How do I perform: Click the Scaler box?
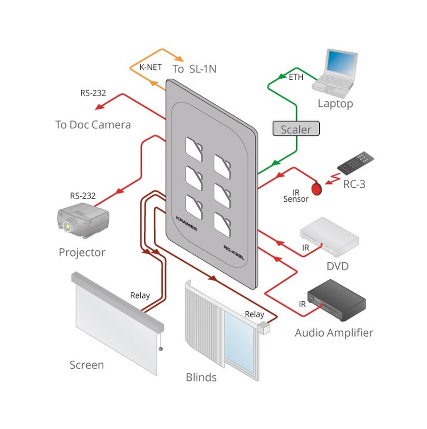click(296, 129)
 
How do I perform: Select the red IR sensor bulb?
click(317, 188)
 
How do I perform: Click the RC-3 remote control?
click(355, 163)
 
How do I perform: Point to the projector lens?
click(67, 226)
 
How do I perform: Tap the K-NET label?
click(151, 67)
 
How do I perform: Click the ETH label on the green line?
click(296, 77)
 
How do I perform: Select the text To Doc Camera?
click(93, 125)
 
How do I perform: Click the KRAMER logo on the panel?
click(186, 223)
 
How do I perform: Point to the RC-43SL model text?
click(234, 252)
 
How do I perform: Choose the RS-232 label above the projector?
click(83, 196)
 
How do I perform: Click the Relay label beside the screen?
click(140, 296)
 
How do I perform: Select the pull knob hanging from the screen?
click(161, 349)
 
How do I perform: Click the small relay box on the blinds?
click(264, 327)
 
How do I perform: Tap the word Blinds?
click(201, 377)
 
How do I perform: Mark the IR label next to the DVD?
click(305, 247)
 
